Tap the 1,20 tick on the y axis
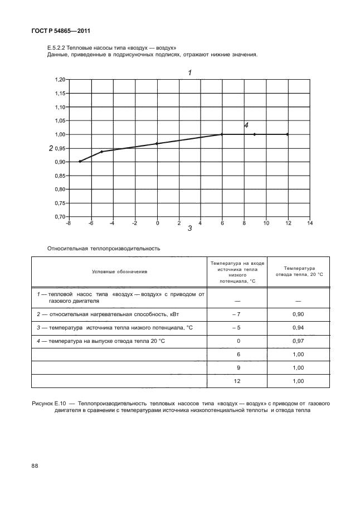click(60, 80)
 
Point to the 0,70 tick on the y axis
click(60, 216)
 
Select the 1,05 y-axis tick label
click(60, 121)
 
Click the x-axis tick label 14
click(310, 223)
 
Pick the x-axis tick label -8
click(69, 223)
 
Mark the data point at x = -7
click(80, 161)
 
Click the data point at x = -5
click(101, 152)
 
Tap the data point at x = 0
click(157, 143)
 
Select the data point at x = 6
click(222, 134)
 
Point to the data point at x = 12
click(288, 134)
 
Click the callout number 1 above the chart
click(189, 72)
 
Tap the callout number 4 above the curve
click(246, 125)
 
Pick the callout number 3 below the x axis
click(189, 229)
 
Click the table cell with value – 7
click(237, 314)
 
